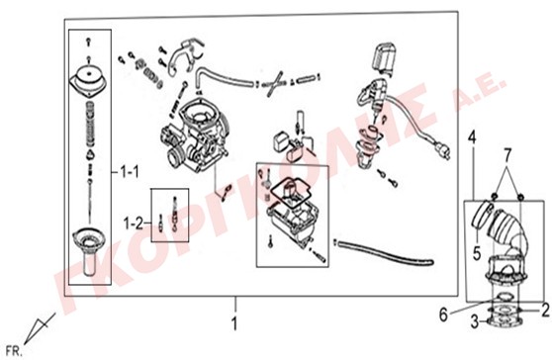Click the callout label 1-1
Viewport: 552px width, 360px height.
130,172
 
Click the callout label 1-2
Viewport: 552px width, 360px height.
134,224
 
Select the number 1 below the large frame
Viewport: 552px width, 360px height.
234,323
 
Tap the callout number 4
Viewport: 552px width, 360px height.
472,137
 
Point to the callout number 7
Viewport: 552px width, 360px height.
506,155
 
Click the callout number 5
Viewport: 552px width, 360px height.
477,253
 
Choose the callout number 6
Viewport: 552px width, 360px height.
443,315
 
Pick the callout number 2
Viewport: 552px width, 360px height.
545,311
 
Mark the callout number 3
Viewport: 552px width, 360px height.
475,321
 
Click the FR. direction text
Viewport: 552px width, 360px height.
14,351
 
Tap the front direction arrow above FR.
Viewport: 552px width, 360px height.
40,328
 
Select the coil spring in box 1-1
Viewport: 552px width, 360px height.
91,124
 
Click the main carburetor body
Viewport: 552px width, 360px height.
195,135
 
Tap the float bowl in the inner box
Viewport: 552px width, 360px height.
292,219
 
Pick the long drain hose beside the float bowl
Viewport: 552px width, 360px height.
383,252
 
